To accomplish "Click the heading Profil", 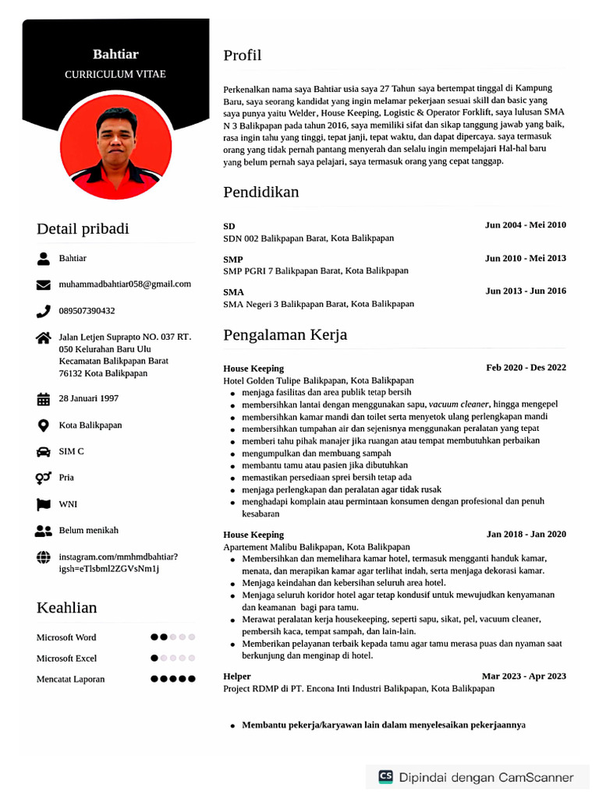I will (x=242, y=55).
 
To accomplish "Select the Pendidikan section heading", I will (x=261, y=192).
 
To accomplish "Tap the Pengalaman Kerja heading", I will (x=285, y=335).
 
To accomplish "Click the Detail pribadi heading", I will (x=83, y=229).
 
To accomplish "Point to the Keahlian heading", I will (x=66, y=608).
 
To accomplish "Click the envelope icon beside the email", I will (x=44, y=285).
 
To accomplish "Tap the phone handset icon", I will (x=44, y=311).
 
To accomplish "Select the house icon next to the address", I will (x=44, y=337).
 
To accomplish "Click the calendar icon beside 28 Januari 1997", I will (x=44, y=399).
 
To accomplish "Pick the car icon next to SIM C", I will (x=44, y=451).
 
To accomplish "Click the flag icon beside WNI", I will (x=44, y=504).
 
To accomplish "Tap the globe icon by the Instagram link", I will (x=44, y=557).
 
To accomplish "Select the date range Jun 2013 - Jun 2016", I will (x=525, y=291).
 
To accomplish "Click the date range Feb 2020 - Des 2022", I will (x=526, y=368).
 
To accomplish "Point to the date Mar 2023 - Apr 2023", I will (x=523, y=676).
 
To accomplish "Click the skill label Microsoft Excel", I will (x=66, y=659).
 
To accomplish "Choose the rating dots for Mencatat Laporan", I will (x=172, y=680).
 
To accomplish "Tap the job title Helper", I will (x=237, y=676).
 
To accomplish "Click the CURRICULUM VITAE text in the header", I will (x=115, y=75).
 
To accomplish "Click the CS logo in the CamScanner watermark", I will (x=385, y=777).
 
